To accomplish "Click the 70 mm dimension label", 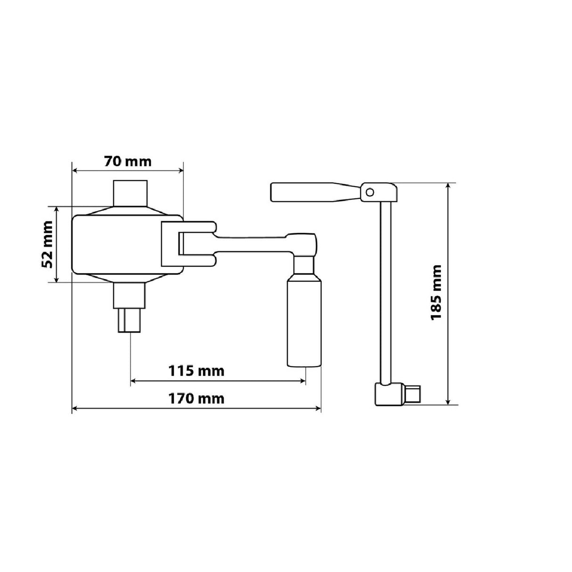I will (x=128, y=162).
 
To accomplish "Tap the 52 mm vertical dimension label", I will (x=47, y=244).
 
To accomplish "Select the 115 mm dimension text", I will (x=196, y=370).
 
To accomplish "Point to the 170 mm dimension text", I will (x=196, y=399).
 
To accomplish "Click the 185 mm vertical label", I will (x=436, y=293).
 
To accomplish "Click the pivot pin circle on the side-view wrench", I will (x=370, y=192).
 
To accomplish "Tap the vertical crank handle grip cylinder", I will (x=304, y=322).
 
